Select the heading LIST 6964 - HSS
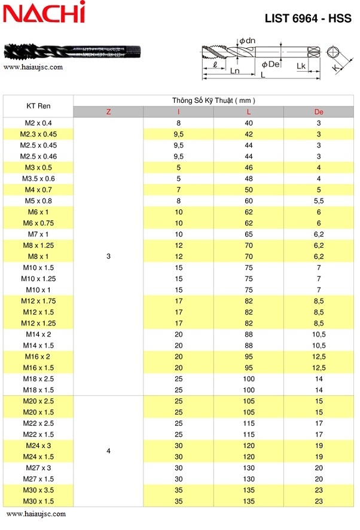(x=308, y=19)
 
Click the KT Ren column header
(x=38, y=106)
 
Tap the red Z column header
(x=108, y=112)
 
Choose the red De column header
(x=319, y=112)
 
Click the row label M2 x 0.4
(x=38, y=123)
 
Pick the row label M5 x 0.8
(x=38, y=201)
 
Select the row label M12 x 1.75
(x=38, y=301)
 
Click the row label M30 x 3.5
(x=38, y=490)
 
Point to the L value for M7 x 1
(x=249, y=234)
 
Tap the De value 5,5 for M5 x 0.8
(x=319, y=201)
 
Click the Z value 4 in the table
(x=108, y=450)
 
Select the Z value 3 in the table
(x=108, y=257)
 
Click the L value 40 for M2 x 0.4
(x=249, y=123)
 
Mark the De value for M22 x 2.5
(x=319, y=424)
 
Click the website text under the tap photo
(x=33, y=67)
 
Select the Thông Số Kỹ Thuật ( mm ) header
(x=213, y=100)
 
